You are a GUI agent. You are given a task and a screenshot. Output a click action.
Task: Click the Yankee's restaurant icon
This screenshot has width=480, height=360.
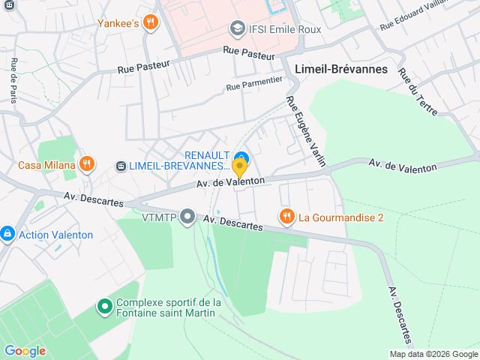pos(151,22)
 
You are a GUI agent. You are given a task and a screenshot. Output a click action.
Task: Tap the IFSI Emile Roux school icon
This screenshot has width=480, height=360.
pos(238,29)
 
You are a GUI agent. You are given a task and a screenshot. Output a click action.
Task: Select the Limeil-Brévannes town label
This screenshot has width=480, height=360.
pos(341,69)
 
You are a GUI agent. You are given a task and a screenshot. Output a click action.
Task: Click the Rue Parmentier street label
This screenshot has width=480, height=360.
pos(254,83)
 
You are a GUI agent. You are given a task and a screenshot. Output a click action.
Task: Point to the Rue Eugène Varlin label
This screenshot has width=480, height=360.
pos(301,127)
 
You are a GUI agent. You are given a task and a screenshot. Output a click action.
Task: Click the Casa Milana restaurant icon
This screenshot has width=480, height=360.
pos(88,165)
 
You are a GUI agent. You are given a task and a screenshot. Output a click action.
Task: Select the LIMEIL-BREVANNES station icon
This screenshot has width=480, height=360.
pos(121,165)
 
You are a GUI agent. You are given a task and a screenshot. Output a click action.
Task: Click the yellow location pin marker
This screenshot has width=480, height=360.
pos(239,166)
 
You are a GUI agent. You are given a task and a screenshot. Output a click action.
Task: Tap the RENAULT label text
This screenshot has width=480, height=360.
pos(207,154)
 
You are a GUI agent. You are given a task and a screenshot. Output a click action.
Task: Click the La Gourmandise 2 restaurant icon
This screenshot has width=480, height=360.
pos(286,217)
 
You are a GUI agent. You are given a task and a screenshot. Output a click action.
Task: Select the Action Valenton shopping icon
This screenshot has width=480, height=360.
pos(7,234)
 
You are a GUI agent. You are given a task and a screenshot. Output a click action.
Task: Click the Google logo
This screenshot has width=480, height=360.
pos(25,350)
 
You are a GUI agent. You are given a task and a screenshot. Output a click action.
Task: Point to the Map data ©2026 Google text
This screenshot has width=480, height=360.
pos(433,354)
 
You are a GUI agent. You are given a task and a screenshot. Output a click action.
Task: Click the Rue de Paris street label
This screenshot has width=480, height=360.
pos(13,79)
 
